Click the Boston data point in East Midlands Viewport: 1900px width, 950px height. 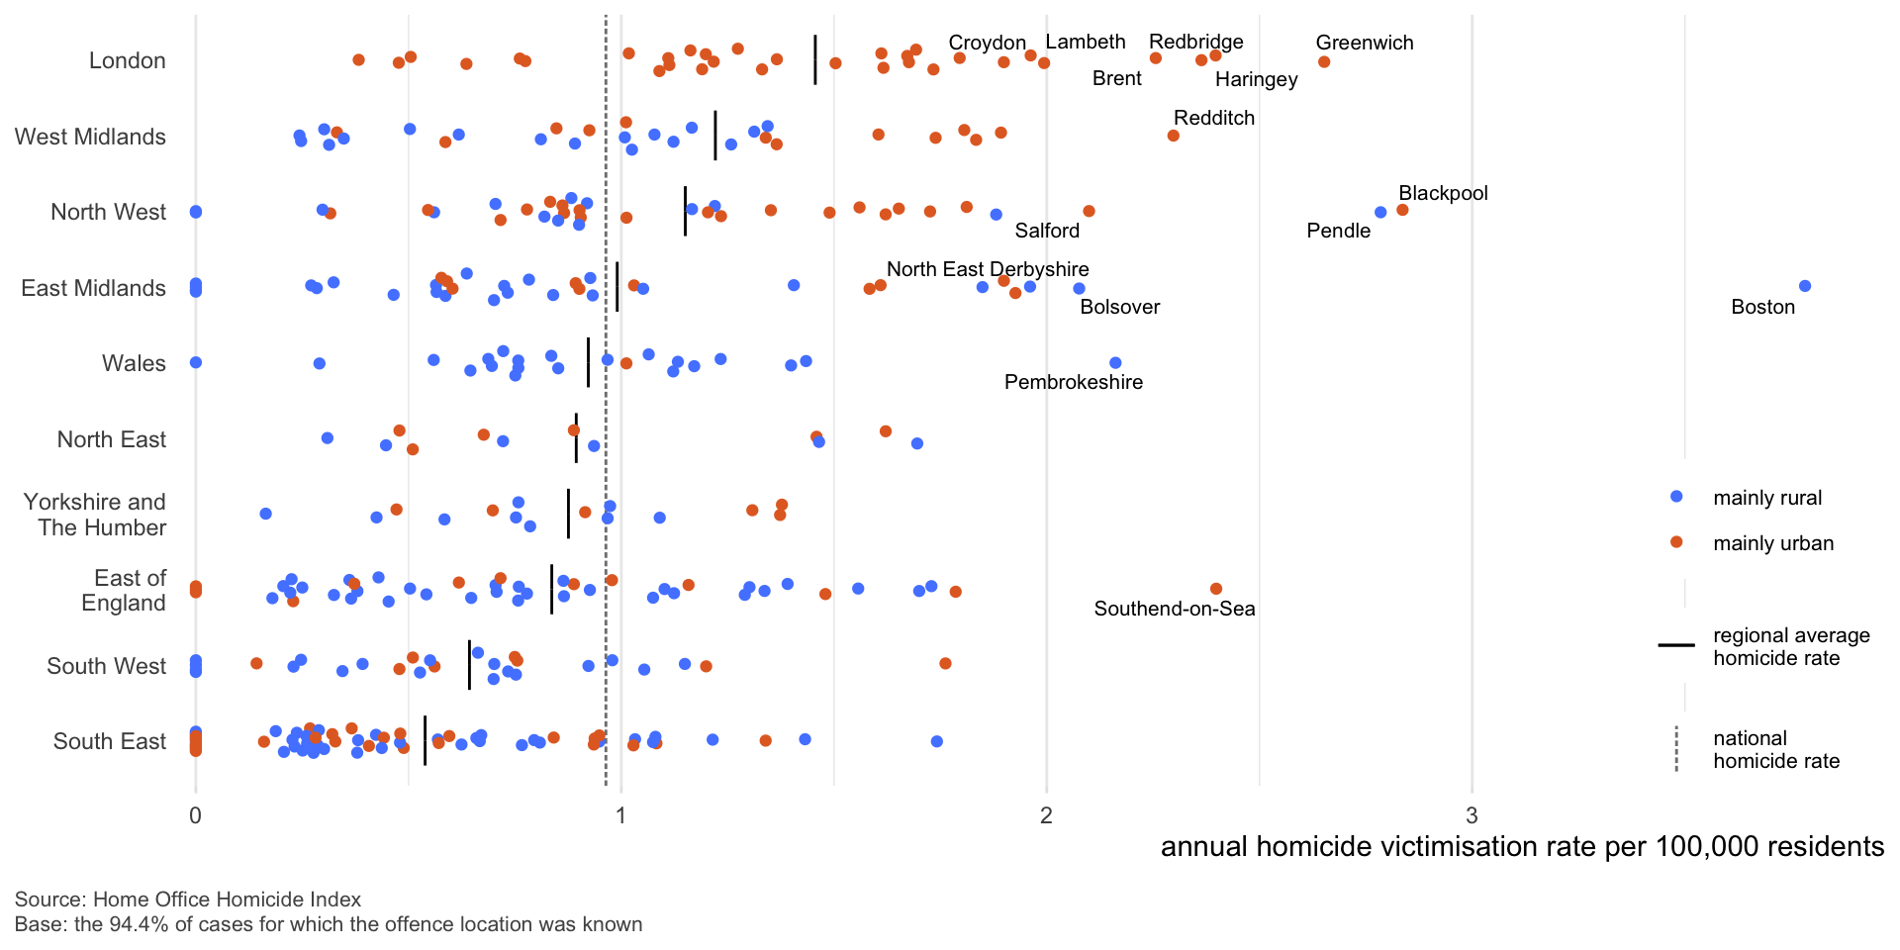click(1804, 286)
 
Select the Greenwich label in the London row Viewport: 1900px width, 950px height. click(1364, 43)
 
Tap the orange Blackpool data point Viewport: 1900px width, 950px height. click(1402, 210)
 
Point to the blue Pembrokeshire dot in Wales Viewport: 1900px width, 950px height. click(1115, 363)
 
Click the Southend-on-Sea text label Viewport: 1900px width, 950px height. click(1174, 609)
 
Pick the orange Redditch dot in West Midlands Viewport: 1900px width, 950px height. click(1173, 136)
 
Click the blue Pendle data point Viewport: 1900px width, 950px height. click(1380, 213)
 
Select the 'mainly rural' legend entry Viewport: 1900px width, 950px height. click(1766, 498)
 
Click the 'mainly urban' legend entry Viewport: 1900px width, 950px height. click(1772, 543)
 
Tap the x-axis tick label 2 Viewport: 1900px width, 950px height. click(1046, 815)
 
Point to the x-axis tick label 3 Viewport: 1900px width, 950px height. click(1472, 815)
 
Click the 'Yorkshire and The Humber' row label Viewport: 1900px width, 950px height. click(95, 515)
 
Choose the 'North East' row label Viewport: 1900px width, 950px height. click(111, 439)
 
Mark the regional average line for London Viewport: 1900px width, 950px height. click(815, 60)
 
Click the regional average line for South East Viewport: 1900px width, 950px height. click(425, 740)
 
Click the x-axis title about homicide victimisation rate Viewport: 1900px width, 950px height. click(1521, 847)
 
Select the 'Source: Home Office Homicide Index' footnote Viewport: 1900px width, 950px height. click(188, 900)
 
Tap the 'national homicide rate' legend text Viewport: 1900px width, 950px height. click(1775, 749)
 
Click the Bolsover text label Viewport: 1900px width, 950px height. click(1119, 307)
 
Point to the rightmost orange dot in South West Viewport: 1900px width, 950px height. click(945, 663)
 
